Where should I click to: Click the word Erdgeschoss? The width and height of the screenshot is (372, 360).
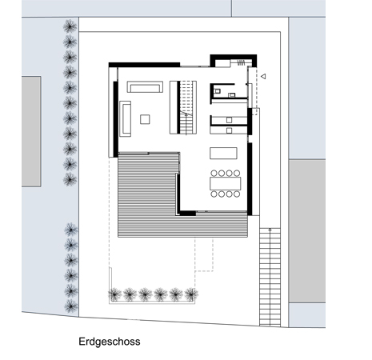click(x=110, y=342)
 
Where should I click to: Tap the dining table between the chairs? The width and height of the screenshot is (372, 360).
click(x=226, y=183)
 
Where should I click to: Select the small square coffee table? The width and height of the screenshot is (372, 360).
click(x=145, y=119)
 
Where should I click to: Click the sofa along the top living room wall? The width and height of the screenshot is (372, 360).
click(x=145, y=87)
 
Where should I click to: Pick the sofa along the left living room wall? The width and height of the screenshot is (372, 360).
click(x=125, y=118)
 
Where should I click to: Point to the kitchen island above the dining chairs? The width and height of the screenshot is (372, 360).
click(x=223, y=153)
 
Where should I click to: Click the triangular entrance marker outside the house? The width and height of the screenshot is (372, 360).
click(x=263, y=76)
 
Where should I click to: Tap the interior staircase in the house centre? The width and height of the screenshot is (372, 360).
click(x=186, y=107)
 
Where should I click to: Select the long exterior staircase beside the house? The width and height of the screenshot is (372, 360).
click(x=270, y=277)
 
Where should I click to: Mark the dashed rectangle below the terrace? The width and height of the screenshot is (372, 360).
click(x=204, y=254)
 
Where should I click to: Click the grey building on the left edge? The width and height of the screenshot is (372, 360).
click(x=31, y=131)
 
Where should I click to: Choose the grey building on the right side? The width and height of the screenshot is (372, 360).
click(x=307, y=231)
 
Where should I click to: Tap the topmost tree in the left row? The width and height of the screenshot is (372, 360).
click(x=70, y=26)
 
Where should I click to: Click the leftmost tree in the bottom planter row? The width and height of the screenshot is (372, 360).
click(x=114, y=294)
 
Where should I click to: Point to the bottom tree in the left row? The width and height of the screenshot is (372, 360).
click(x=71, y=306)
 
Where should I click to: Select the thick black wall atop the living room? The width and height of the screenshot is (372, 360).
click(x=144, y=65)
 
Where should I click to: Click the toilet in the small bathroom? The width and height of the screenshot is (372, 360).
click(x=218, y=91)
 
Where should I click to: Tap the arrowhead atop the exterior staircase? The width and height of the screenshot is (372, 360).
click(x=270, y=230)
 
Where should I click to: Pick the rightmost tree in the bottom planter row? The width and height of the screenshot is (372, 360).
click(x=191, y=294)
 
